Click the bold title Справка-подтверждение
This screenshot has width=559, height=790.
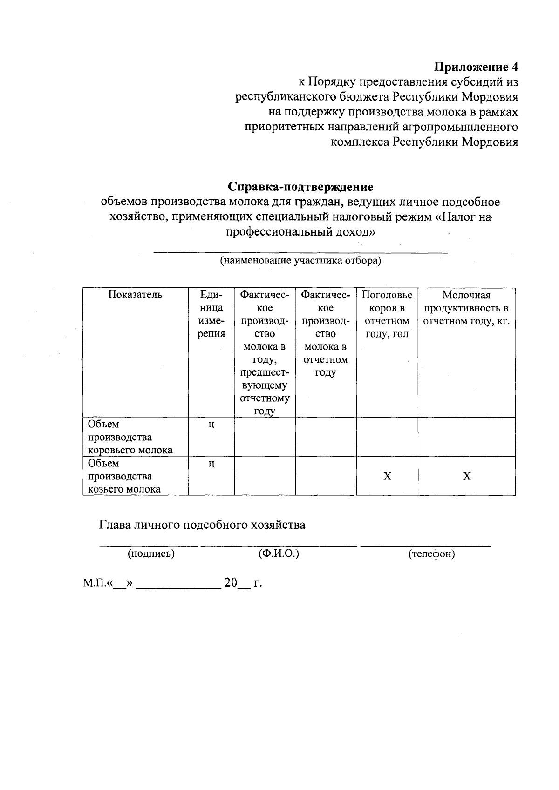pos(300,187)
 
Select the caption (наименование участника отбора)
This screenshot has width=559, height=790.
pos(300,261)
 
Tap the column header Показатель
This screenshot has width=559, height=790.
pos(136,295)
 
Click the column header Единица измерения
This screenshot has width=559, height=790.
pos(211,314)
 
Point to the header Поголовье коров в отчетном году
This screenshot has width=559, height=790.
pos(387,314)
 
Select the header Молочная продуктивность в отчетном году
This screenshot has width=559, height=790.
pos(466,308)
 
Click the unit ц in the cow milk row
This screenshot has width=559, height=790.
pos(211,425)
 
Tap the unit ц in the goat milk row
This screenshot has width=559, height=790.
pos(211,464)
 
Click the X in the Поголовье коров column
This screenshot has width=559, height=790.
pos(387,476)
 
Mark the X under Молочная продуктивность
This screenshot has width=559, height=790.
pos(467,476)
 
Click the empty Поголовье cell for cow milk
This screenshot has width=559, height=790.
pos(387,437)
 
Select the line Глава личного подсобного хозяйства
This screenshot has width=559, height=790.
pos(202,525)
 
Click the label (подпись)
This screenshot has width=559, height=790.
pos(151,554)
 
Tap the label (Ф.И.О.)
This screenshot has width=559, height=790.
pos(279,554)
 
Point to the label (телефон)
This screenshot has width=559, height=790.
pos(431,554)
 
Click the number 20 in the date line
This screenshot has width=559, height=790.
pos(231,583)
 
